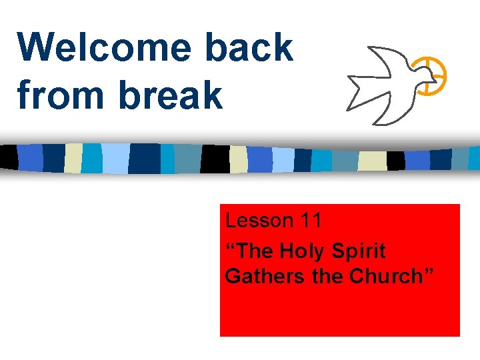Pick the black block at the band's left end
tap(9, 157)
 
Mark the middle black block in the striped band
tap(215, 159)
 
